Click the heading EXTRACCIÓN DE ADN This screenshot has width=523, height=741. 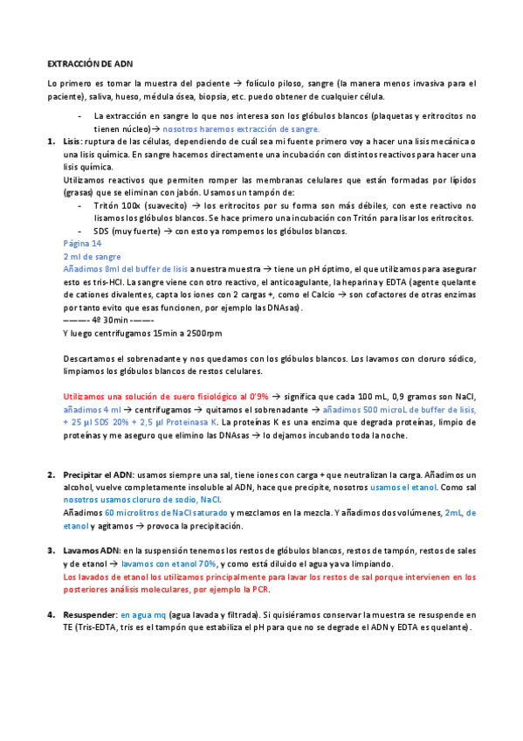90,64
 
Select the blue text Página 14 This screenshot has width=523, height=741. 83,244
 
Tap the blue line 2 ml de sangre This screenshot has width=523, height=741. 92,257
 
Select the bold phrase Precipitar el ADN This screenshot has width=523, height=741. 96,474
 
